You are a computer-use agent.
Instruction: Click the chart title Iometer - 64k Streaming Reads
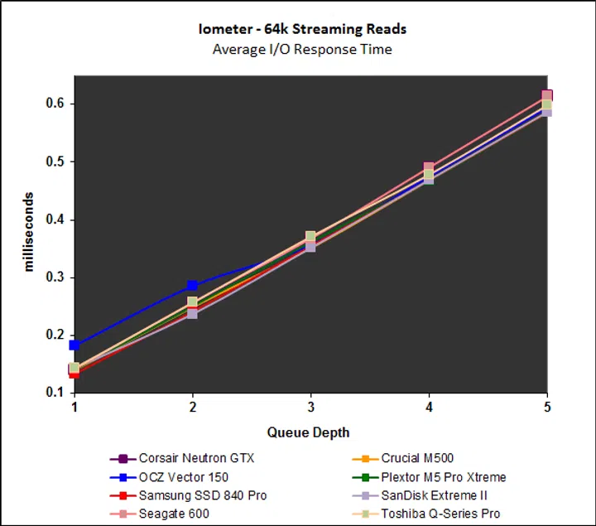[x=302, y=29]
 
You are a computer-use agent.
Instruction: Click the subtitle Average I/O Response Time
[x=302, y=49]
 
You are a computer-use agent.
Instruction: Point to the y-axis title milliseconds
[x=29, y=232]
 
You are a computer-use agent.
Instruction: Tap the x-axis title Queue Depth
[x=308, y=432]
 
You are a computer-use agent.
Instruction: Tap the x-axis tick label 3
[x=310, y=408]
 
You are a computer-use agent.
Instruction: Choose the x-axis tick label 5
[x=547, y=408]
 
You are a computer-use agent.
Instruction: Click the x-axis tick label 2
[x=192, y=408]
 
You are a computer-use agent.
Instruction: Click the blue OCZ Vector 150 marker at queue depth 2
[x=192, y=287]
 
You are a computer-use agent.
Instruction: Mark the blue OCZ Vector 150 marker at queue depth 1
[x=74, y=345]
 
